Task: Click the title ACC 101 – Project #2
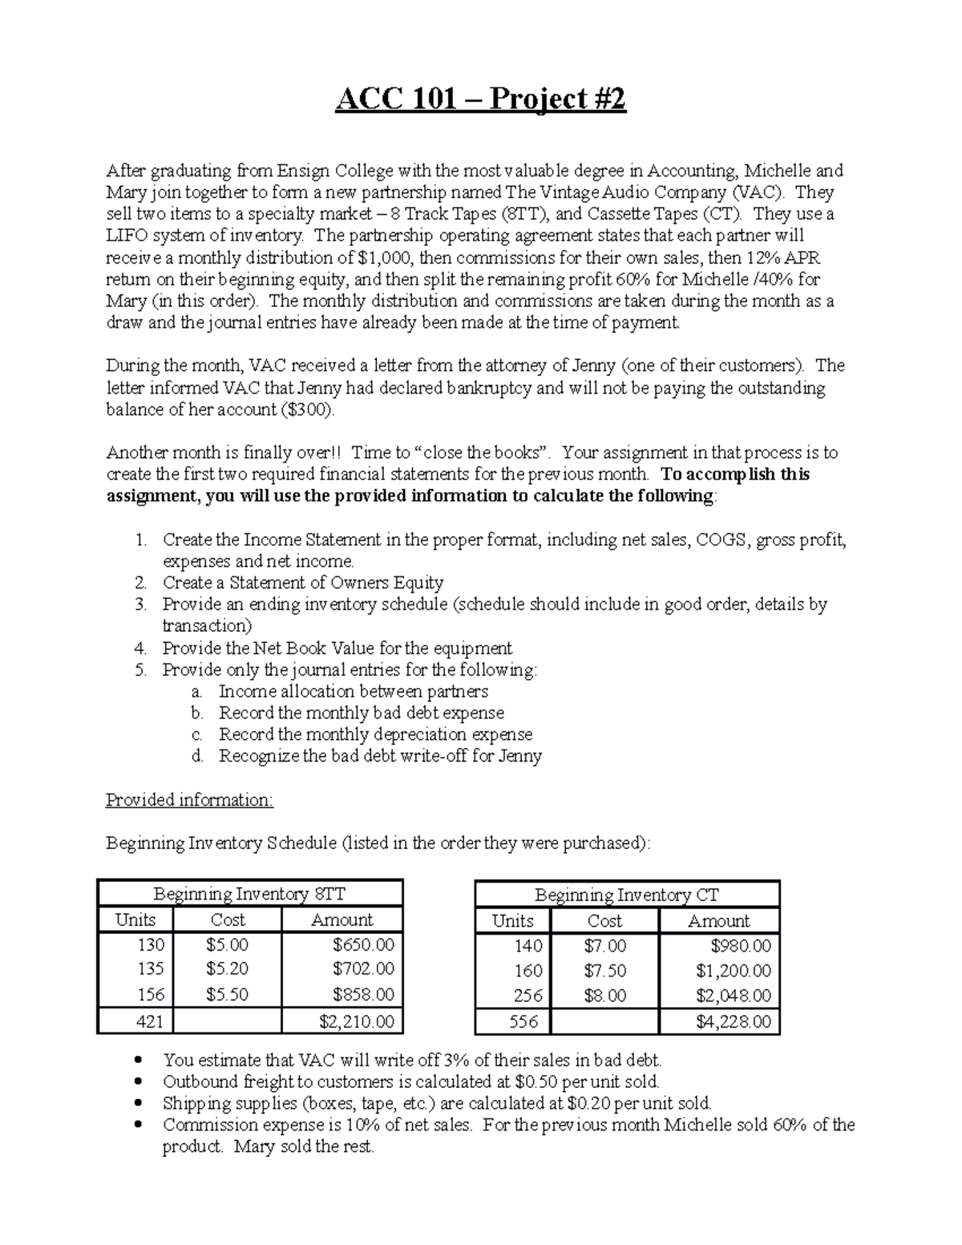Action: (480, 99)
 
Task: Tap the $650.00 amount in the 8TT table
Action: (364, 945)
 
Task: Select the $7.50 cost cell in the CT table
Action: (604, 971)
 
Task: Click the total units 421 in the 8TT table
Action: (150, 1021)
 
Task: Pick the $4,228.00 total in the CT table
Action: (734, 1022)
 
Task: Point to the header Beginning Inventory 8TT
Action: (249, 894)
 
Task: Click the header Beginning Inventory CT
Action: (626, 895)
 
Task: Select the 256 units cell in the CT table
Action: (527, 996)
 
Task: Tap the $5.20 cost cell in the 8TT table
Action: (227, 969)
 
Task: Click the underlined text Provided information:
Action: (189, 800)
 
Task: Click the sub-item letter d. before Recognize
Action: (198, 756)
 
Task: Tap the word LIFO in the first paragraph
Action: (126, 236)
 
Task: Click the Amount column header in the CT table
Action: (718, 920)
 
